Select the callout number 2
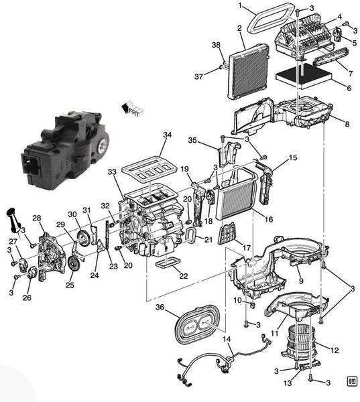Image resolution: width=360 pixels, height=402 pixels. coord(239,28)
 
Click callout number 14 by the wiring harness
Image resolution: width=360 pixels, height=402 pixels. coord(228,340)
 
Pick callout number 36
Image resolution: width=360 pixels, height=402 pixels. coord(160,307)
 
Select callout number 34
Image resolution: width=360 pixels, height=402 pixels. coord(166,135)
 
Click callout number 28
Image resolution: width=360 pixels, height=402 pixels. coord(37,218)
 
